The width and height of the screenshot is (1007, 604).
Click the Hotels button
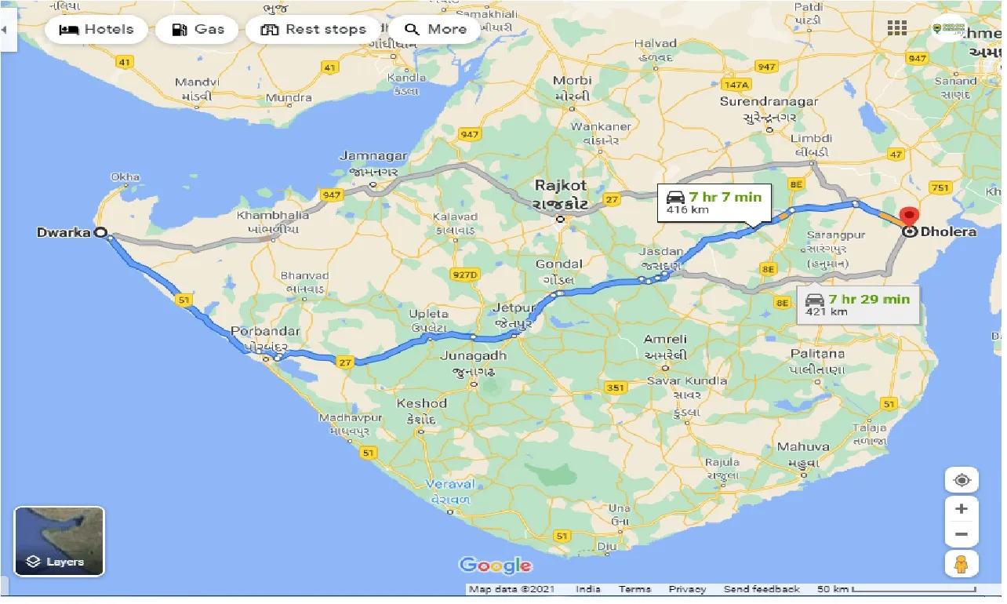[96, 30]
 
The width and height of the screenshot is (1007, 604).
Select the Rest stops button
[314, 30]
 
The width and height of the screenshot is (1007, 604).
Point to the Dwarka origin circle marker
[100, 232]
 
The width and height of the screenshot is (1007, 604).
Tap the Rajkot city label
[561, 186]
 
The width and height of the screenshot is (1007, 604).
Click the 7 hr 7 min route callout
[714, 202]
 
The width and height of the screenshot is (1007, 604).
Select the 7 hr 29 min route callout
[858, 304]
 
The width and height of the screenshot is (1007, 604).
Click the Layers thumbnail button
[59, 541]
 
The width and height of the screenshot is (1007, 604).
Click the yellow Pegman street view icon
[962, 563]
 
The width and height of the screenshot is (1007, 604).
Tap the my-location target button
[962, 480]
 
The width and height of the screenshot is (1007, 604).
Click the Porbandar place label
[265, 330]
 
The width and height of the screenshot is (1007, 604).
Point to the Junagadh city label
[473, 355]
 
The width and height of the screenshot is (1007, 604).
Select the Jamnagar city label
[373, 156]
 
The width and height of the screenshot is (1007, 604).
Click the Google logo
[495, 565]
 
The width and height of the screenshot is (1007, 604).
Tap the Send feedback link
[761, 589]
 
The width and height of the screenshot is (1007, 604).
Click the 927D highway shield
[464, 275]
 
